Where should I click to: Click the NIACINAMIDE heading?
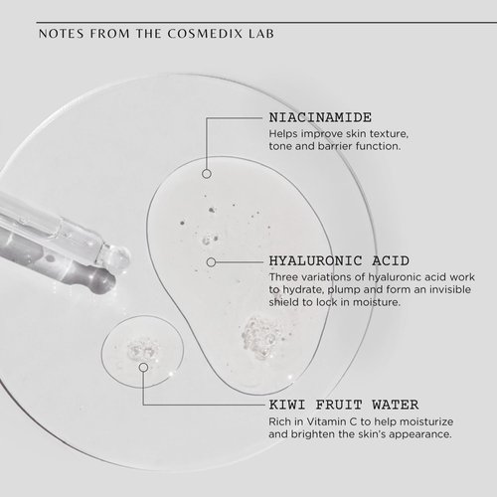[319, 115]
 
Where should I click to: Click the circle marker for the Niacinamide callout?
[206, 173]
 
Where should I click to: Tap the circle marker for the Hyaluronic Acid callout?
[211, 261]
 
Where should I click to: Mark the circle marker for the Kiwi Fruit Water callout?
[143, 367]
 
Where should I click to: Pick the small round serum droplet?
[137, 350]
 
